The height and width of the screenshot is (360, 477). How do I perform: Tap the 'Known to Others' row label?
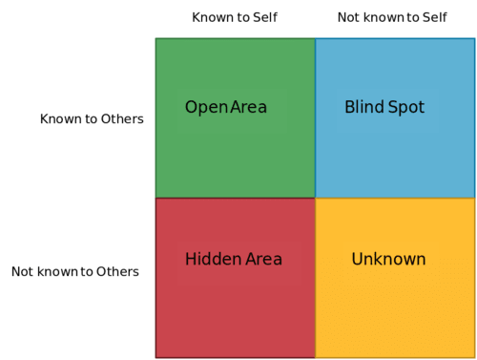click(92, 119)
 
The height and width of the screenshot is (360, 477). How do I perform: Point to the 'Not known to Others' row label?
click(75, 271)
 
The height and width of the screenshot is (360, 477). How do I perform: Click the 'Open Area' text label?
click(226, 107)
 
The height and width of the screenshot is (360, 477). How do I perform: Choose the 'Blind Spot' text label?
click(384, 107)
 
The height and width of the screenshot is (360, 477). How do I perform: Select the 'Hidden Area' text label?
click(234, 259)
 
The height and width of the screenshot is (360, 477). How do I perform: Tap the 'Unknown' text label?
click(388, 259)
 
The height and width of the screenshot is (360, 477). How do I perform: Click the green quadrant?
click(235, 153)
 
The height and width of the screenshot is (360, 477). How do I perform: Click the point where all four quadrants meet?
click(315, 198)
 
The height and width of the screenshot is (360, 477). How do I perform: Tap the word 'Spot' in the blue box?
click(405, 107)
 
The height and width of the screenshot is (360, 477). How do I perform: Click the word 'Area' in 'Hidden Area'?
click(264, 259)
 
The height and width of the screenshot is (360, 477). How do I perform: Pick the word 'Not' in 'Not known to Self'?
click(348, 17)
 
